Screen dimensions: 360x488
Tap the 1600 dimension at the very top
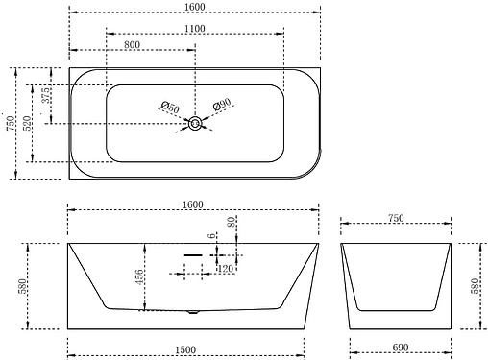[x=193, y=8]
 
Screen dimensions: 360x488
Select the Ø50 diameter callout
[x=169, y=107]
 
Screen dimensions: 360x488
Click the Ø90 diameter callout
[x=221, y=106]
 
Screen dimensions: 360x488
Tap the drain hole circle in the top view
[x=196, y=123]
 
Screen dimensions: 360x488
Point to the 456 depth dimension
[x=140, y=278]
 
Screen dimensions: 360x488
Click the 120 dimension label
[x=227, y=270]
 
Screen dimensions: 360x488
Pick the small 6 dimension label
[x=211, y=236]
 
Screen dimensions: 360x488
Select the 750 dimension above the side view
[x=397, y=218]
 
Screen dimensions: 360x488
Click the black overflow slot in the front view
[x=193, y=256]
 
